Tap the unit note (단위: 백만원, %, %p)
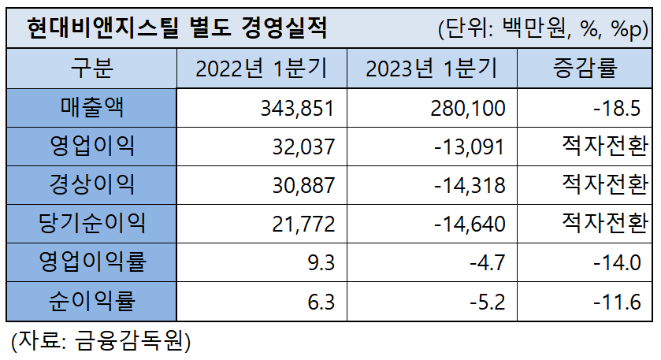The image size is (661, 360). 543,30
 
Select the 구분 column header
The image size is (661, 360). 92,69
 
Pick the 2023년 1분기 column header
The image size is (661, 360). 431,69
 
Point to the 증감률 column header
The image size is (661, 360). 586,69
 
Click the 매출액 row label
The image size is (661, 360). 92,107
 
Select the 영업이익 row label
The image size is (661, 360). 92,146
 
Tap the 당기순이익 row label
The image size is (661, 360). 92,223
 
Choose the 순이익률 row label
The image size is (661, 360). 92,300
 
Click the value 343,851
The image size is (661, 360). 298,108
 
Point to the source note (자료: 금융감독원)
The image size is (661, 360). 101,341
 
